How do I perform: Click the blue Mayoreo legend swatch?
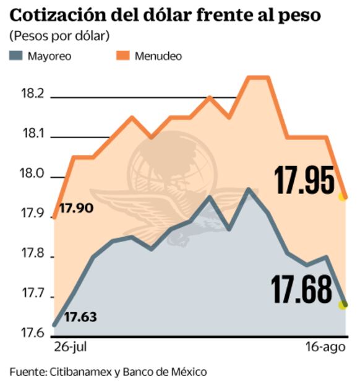tap(16, 56)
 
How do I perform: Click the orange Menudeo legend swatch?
tap(124, 56)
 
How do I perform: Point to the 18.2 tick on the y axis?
tap(32, 94)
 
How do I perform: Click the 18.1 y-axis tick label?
tap(32, 134)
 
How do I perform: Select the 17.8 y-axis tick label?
tap(32, 254)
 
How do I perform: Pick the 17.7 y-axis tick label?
tap(32, 295)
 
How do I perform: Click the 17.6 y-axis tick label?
tap(32, 334)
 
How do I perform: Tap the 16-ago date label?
tap(327, 347)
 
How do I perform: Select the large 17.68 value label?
tap(301, 290)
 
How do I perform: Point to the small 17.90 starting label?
tap(76, 208)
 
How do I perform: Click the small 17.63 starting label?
tap(80, 317)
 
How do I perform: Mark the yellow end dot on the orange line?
tap(342, 197)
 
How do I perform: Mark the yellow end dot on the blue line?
tap(343, 304)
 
